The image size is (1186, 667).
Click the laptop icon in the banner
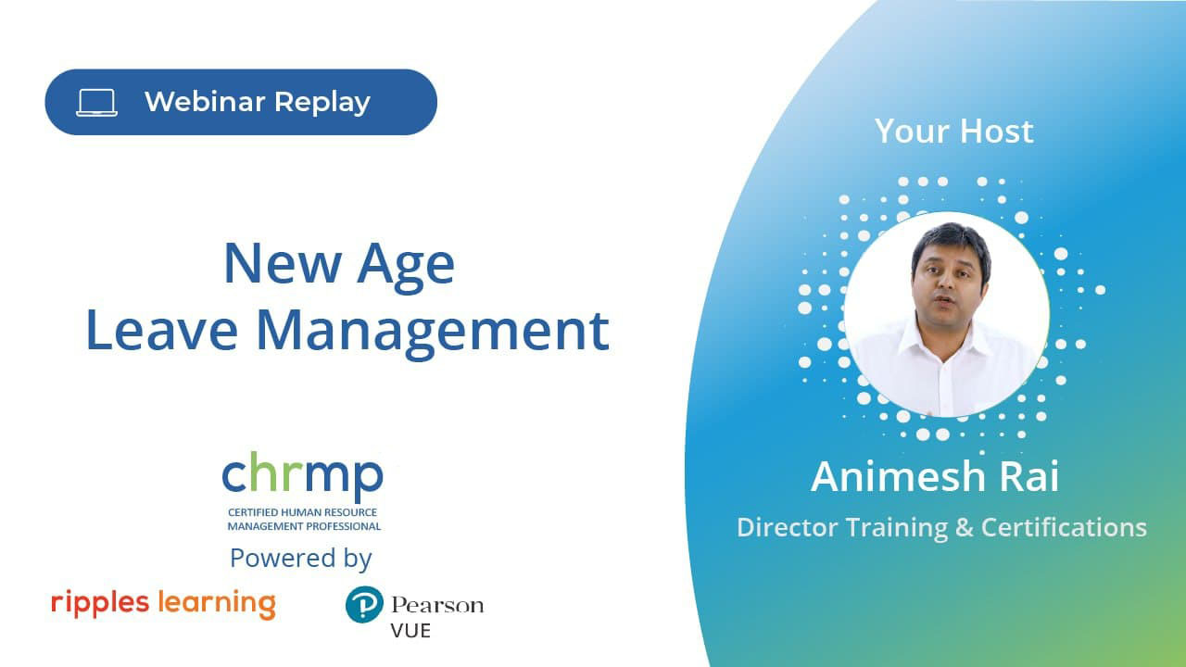coord(96,102)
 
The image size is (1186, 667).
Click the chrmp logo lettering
coord(302,476)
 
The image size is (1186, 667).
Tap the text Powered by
coord(301,558)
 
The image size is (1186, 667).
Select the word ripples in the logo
coord(100,603)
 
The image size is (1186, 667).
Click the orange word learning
coord(217,604)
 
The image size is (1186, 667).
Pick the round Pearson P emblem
coord(364,605)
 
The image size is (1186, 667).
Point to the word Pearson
coord(437,606)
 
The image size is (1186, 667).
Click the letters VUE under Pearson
coord(410,631)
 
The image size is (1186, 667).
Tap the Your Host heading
coord(953,132)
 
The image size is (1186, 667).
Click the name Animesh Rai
coord(935,477)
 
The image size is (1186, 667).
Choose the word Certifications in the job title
coord(1064,528)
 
